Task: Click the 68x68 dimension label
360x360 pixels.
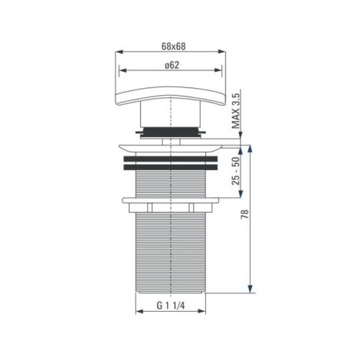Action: point(174,47)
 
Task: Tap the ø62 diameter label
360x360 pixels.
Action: point(172,65)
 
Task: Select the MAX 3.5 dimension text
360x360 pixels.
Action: point(236,111)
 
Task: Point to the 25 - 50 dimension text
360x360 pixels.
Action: point(236,171)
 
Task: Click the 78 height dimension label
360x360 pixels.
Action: point(244,214)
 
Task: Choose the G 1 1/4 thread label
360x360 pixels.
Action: point(170,306)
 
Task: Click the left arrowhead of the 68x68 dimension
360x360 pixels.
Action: point(119,52)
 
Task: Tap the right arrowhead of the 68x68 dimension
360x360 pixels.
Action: point(221,52)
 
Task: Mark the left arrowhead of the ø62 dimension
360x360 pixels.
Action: point(123,70)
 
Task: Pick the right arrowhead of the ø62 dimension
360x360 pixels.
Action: point(218,70)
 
